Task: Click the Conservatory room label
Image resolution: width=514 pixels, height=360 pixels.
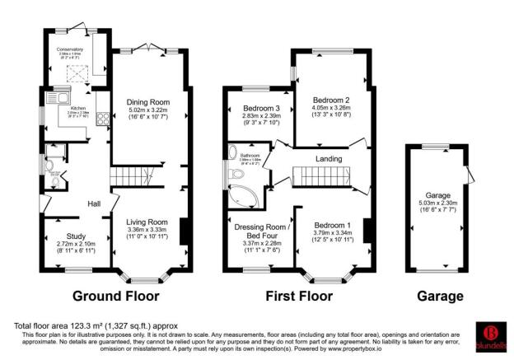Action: coord(70,49)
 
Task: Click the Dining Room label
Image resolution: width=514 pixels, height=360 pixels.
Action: coord(147,102)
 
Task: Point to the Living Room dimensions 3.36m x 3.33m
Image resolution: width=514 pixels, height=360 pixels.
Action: coord(147,231)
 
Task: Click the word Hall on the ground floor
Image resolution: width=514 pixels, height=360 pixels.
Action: coord(95,203)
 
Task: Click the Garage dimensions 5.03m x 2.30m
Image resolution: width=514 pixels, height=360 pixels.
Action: coord(437,208)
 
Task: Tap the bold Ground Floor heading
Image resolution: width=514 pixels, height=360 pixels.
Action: coord(116,296)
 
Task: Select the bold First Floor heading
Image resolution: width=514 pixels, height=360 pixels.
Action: coord(301,296)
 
